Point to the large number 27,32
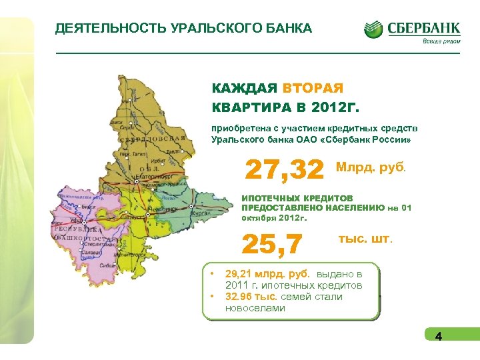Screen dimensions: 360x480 (285, 169)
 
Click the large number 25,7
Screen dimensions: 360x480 (272, 244)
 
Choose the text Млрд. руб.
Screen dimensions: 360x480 (371, 167)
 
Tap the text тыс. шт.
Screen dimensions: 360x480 (366, 238)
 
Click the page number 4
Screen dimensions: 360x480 (438, 336)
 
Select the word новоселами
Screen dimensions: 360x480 (255, 308)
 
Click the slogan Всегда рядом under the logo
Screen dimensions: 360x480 (441, 41)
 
